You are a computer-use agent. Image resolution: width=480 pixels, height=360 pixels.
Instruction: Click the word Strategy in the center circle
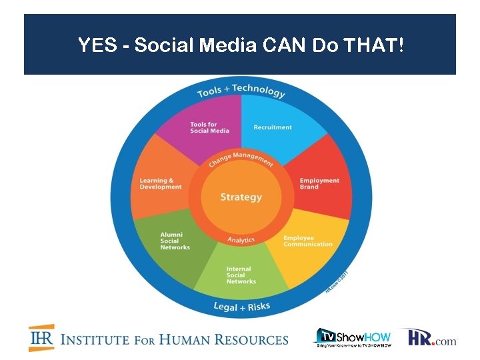[241, 197]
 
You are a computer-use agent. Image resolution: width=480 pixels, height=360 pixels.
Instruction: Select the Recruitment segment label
[273, 127]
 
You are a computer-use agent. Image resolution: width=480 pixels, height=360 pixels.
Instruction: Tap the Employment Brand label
[319, 183]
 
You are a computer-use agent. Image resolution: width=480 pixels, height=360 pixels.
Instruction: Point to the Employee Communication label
[308, 241]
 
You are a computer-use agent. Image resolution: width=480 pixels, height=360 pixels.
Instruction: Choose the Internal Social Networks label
[241, 275]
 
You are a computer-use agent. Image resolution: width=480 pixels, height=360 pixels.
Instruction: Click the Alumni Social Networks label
[175, 241]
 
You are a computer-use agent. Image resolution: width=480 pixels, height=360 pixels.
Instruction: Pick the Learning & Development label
[161, 183]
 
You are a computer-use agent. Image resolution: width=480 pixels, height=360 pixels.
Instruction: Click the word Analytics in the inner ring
[241, 240]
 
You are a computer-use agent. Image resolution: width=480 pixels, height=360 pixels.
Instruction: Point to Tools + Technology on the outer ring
[241, 91]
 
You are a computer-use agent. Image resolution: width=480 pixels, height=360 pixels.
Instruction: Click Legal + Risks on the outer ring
[241, 306]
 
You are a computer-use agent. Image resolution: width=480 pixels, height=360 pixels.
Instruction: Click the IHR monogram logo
[41, 338]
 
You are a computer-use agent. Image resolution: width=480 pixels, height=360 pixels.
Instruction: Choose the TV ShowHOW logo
[353, 338]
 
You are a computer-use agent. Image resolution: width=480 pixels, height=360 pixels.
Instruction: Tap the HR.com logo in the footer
[433, 338]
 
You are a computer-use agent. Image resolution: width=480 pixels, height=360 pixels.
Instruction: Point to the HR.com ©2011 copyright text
[337, 279]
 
